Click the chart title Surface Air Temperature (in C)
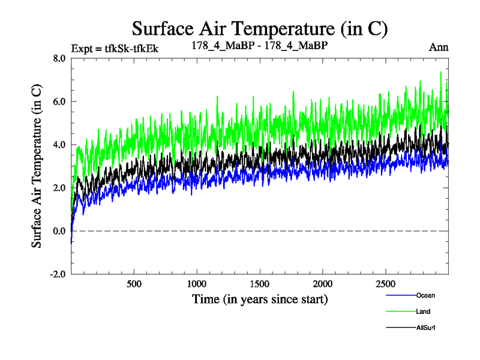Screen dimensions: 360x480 (260, 28)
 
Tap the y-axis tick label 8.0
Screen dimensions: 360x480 (60, 58)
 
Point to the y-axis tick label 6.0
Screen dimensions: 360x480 (60, 101)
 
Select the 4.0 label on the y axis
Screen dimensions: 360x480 (60, 145)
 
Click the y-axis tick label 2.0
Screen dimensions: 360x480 (60, 188)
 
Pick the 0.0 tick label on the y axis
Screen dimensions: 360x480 (60, 231)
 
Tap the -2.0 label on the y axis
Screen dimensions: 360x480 (58, 274)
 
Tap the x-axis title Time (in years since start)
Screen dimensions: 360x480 (260, 298)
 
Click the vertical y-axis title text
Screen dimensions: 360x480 (37, 166)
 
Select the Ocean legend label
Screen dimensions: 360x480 (425, 295)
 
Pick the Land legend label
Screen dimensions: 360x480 (423, 311)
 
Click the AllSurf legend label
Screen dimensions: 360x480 (425, 328)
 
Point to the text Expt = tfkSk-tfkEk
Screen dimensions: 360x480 (115, 48)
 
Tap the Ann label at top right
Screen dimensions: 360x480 (439, 47)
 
